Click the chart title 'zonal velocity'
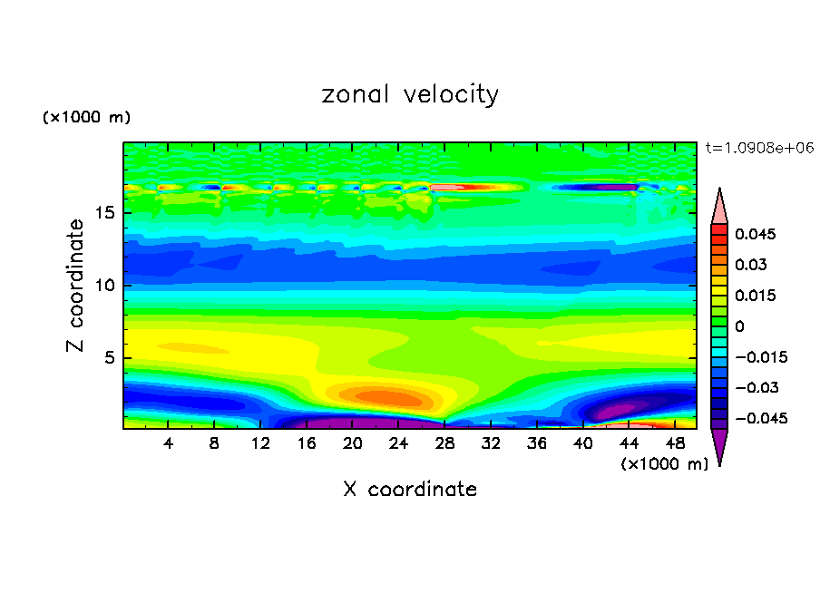coord(410,95)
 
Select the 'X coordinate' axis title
coord(410,490)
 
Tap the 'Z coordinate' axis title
coord(76,286)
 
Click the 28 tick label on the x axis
coord(444,443)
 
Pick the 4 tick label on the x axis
coord(169,443)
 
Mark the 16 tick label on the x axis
coord(307,443)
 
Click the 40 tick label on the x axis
coord(582,443)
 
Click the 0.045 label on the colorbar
coord(755,234)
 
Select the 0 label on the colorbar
coord(739,326)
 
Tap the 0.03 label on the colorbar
coord(751,265)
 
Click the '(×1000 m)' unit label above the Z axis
coord(87,118)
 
